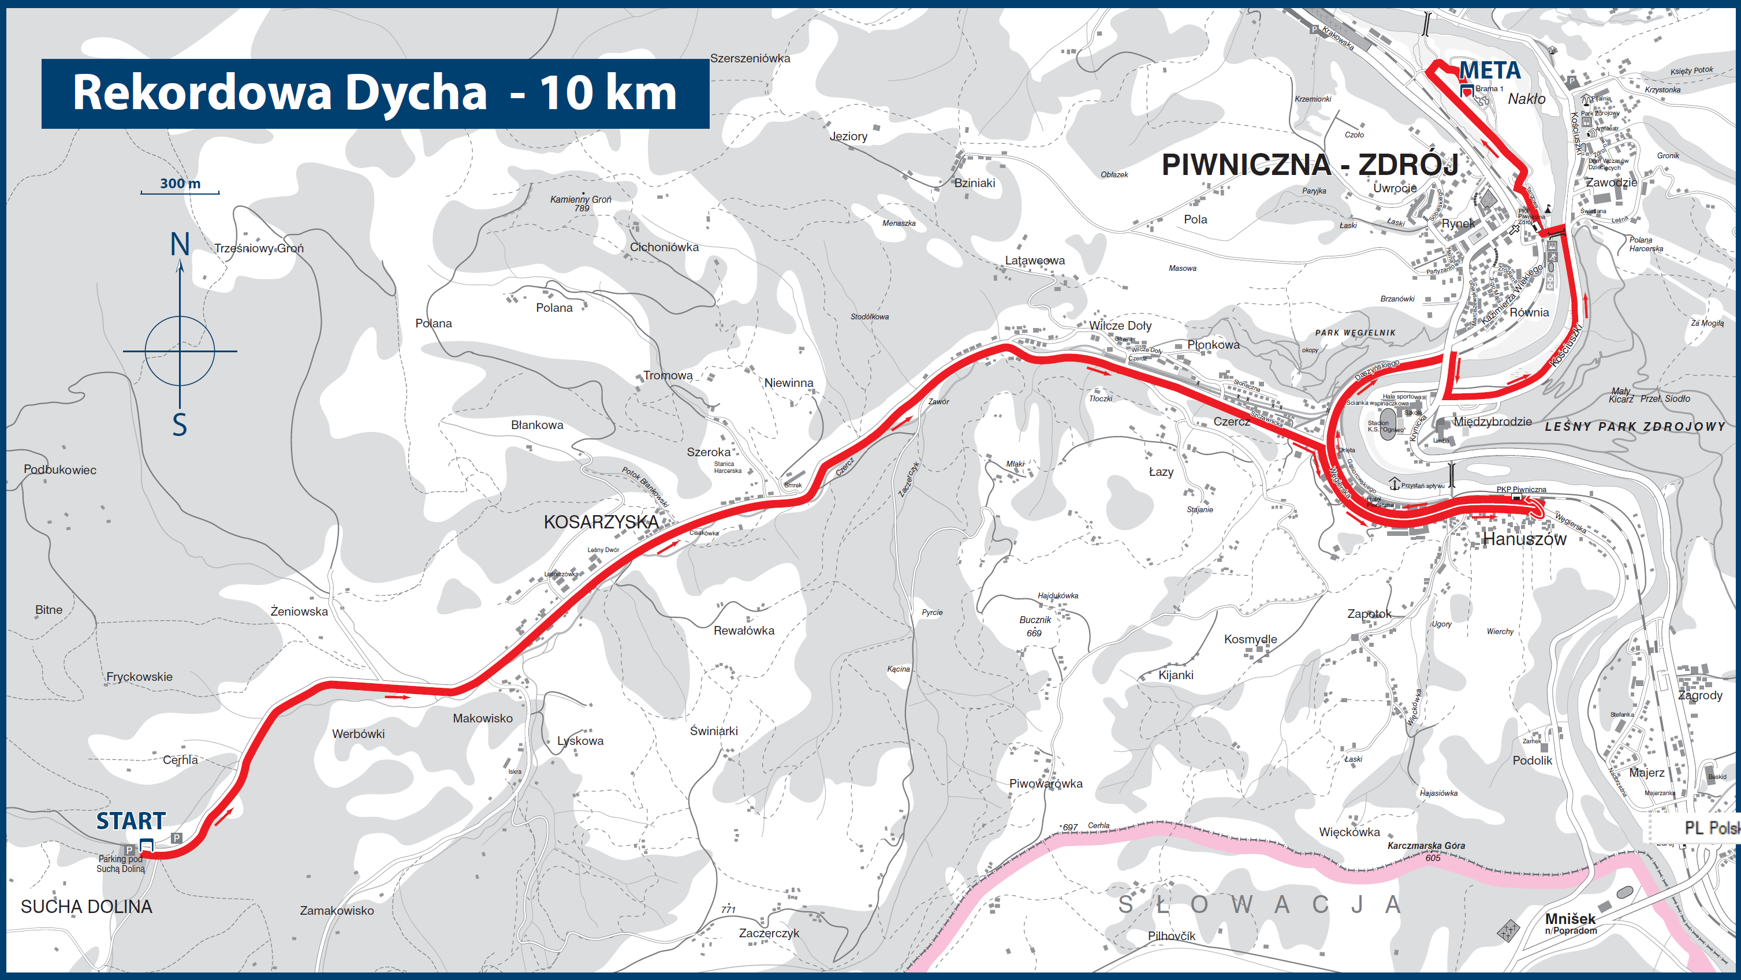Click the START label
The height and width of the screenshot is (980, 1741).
131,821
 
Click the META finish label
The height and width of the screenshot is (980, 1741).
1490,70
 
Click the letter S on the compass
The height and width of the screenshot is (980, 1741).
179,425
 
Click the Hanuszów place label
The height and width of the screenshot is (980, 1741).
1524,539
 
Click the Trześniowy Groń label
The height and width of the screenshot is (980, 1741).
259,248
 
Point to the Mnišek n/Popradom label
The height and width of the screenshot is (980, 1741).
1570,923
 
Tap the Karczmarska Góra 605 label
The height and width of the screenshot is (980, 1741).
1426,851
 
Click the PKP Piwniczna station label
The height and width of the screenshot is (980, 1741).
1520,489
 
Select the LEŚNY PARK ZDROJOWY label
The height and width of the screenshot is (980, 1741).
1634,426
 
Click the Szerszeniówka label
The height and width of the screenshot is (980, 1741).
750,58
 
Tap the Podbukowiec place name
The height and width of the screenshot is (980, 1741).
60,469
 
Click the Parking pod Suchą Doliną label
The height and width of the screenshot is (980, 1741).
121,864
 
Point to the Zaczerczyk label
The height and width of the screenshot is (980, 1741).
769,933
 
